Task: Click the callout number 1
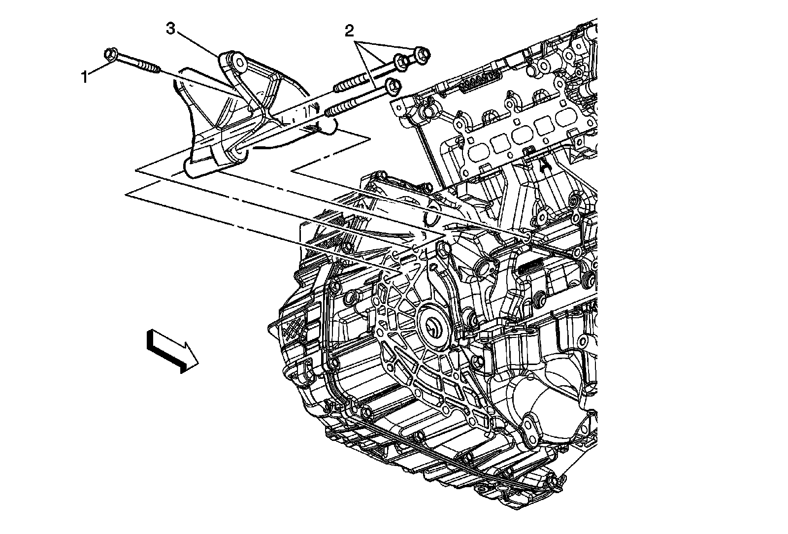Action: [85, 77]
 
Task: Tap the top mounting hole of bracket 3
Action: [240, 63]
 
